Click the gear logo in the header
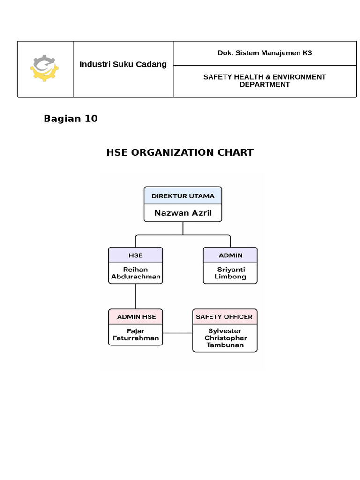click(x=45, y=68)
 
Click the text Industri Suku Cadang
click(x=123, y=64)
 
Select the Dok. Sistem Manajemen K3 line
click(x=264, y=53)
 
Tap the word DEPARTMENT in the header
click(x=264, y=85)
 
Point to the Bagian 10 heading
click(x=70, y=119)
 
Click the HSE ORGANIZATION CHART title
click(x=180, y=152)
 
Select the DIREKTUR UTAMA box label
click(x=183, y=196)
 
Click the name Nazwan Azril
click(x=183, y=213)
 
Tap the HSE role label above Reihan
click(x=135, y=255)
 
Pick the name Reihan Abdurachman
click(x=135, y=273)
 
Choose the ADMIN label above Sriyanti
click(x=230, y=255)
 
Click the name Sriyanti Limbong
click(x=230, y=273)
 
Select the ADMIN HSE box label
click(x=136, y=317)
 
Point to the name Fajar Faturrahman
click(x=136, y=334)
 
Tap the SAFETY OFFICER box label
click(x=224, y=317)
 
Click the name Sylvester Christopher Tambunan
click(x=225, y=338)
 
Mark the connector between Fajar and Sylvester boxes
click(x=177, y=333)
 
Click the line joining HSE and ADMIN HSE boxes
click(x=135, y=296)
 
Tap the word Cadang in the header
click(x=152, y=64)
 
